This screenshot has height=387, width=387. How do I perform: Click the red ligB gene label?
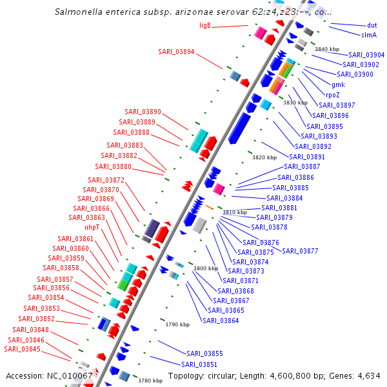[205, 26]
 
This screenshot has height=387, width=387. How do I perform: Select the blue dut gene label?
[372, 26]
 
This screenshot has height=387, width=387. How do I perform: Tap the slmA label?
[369, 35]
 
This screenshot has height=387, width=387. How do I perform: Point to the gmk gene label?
[338, 84]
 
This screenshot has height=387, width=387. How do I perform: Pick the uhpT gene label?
[92, 227]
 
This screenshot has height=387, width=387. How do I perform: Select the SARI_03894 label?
[176, 52]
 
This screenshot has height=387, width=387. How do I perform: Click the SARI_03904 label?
[366, 55]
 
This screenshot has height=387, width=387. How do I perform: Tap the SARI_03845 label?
[22, 349]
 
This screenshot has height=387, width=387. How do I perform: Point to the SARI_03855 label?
[204, 353]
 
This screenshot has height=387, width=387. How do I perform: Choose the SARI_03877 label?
[300, 251]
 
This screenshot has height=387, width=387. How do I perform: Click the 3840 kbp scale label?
[326, 49]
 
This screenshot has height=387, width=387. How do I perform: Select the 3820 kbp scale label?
[264, 157]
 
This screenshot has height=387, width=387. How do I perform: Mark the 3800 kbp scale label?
[205, 268]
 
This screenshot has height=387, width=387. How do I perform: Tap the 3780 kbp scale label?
[150, 381]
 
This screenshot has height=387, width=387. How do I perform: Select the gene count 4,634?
[368, 375]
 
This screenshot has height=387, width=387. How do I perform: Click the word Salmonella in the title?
[79, 11]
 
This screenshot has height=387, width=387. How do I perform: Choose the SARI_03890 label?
[143, 112]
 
